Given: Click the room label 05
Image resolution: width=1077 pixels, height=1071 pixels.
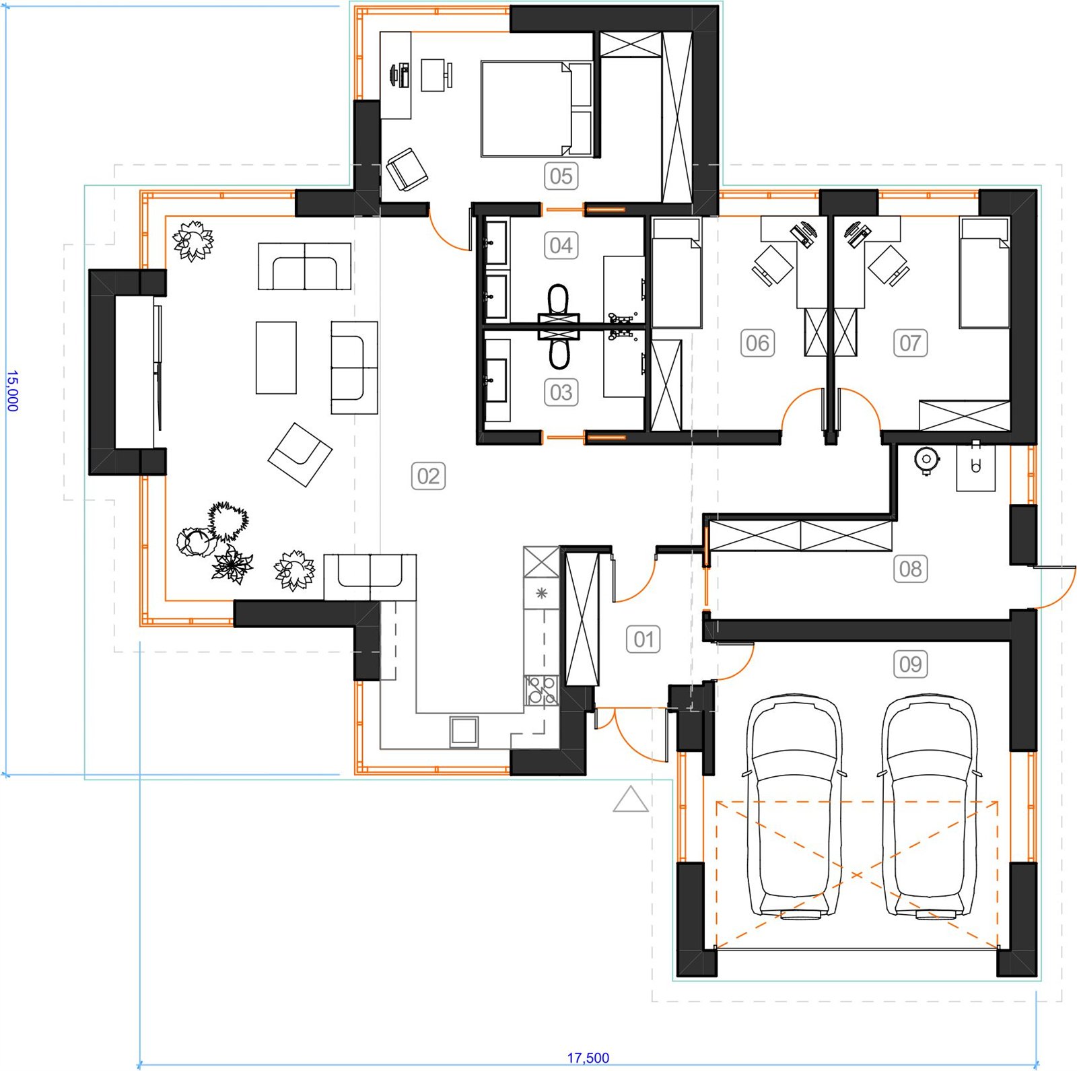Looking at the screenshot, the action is point(561,176).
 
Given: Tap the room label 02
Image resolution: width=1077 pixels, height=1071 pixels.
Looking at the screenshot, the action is point(428,477).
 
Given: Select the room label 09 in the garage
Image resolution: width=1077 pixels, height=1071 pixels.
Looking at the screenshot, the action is point(910,664).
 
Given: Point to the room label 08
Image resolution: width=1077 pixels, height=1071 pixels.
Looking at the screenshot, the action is point(910,569).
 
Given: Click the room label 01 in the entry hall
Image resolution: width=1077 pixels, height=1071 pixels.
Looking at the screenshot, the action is point(644,640).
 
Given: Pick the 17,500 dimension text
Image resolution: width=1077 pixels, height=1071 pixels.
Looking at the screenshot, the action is point(588,1058).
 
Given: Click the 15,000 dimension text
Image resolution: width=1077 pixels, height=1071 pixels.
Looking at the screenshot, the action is point(12,390).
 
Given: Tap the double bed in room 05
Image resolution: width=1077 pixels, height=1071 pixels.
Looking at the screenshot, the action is point(536,109).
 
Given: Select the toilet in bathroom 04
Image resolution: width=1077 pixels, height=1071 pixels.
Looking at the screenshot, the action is point(558,300).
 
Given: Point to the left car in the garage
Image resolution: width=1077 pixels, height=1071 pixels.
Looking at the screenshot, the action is point(794,806).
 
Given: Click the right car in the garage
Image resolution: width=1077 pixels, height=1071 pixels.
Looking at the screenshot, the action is point(930,806).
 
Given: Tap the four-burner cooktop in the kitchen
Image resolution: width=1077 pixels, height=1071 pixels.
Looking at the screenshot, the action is point(541,690).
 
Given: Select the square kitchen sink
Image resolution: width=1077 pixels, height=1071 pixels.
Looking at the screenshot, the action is point(464,732).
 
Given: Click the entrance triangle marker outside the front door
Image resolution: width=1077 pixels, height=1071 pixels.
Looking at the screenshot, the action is point(631,799).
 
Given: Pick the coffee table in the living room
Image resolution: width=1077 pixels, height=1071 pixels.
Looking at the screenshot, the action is point(276,357).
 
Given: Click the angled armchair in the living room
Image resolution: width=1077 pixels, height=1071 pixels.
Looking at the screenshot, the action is point(300,454).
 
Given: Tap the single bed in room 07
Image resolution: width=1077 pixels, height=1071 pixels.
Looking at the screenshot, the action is point(984,273).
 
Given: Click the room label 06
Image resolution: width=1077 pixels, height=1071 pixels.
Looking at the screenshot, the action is point(757,343).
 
